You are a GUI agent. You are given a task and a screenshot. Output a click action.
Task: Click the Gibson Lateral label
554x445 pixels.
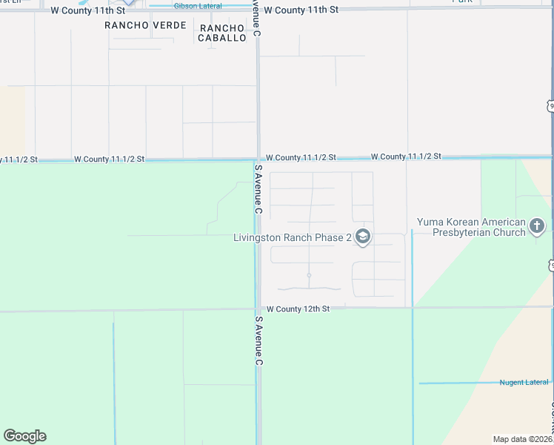pos(197,6)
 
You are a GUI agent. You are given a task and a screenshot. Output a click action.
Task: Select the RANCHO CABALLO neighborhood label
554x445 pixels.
pos(222,33)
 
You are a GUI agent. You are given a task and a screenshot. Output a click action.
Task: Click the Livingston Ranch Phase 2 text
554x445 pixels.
pos(292,238)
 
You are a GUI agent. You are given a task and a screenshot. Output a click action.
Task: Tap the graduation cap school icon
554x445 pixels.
pos(363,237)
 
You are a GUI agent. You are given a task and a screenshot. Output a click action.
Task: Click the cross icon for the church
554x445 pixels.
pos(538,226)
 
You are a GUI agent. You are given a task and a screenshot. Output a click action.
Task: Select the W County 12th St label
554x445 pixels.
pos(297,309)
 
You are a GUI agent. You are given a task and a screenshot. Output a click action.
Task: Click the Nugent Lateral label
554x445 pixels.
pos(524,383)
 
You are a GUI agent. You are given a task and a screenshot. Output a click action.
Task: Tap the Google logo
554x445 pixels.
pos(24,436)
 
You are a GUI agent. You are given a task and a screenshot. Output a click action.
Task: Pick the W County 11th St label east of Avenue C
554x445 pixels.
pos(301,10)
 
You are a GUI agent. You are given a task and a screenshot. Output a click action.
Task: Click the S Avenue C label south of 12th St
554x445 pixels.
pos(258,341)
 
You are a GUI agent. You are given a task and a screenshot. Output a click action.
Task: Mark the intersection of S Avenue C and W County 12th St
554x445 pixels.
pos(258,309)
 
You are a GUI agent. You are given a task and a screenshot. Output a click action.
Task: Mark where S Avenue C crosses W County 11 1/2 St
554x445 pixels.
pos(258,159)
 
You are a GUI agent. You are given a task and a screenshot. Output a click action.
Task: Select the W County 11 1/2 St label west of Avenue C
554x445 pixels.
pos(109,159)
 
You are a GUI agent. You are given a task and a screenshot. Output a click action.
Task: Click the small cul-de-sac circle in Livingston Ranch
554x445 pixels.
pos(309,275)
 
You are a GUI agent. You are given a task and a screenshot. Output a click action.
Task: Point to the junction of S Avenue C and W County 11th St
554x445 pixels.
pos(258,10)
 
